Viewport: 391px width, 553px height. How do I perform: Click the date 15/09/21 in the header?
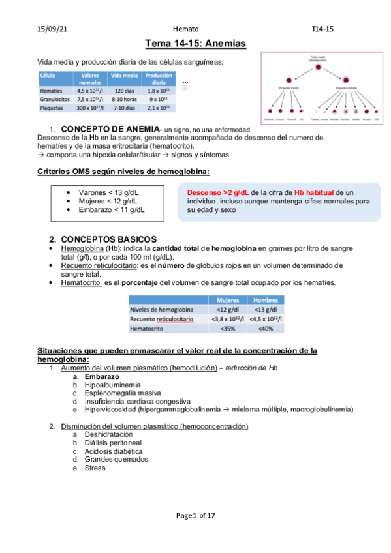click(50, 29)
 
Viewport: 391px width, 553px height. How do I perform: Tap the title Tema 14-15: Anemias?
click(195, 44)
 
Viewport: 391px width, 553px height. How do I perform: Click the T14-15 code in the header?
click(323, 29)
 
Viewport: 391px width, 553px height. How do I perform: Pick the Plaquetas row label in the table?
click(52, 107)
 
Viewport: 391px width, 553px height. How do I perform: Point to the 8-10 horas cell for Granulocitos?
click(124, 99)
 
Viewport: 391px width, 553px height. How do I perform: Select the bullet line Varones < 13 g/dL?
click(107, 193)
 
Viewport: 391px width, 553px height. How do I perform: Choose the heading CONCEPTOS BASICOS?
click(112, 239)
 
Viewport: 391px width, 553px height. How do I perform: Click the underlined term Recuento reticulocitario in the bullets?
click(91, 265)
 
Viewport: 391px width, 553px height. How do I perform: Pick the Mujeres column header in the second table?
click(228, 299)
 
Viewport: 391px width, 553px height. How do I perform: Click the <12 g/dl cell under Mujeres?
click(228, 309)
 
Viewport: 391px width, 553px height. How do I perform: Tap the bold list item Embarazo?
click(102, 377)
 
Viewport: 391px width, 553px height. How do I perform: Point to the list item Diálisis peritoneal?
click(114, 442)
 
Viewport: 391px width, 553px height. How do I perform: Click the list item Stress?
click(95, 468)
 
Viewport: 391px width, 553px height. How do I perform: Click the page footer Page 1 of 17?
click(195, 515)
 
